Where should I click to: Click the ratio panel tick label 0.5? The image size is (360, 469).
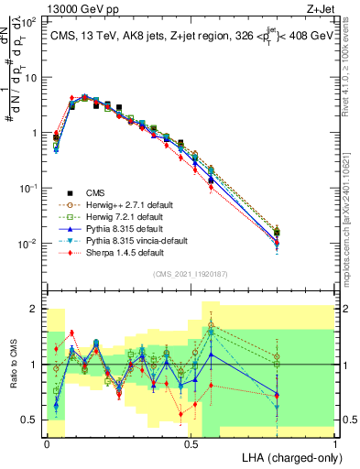pyautogui.click(x=30, y=420)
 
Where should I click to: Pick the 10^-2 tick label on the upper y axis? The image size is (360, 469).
pyautogui.click(x=27, y=244)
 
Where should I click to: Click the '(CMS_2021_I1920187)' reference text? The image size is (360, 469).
pyautogui.click(x=191, y=274)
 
